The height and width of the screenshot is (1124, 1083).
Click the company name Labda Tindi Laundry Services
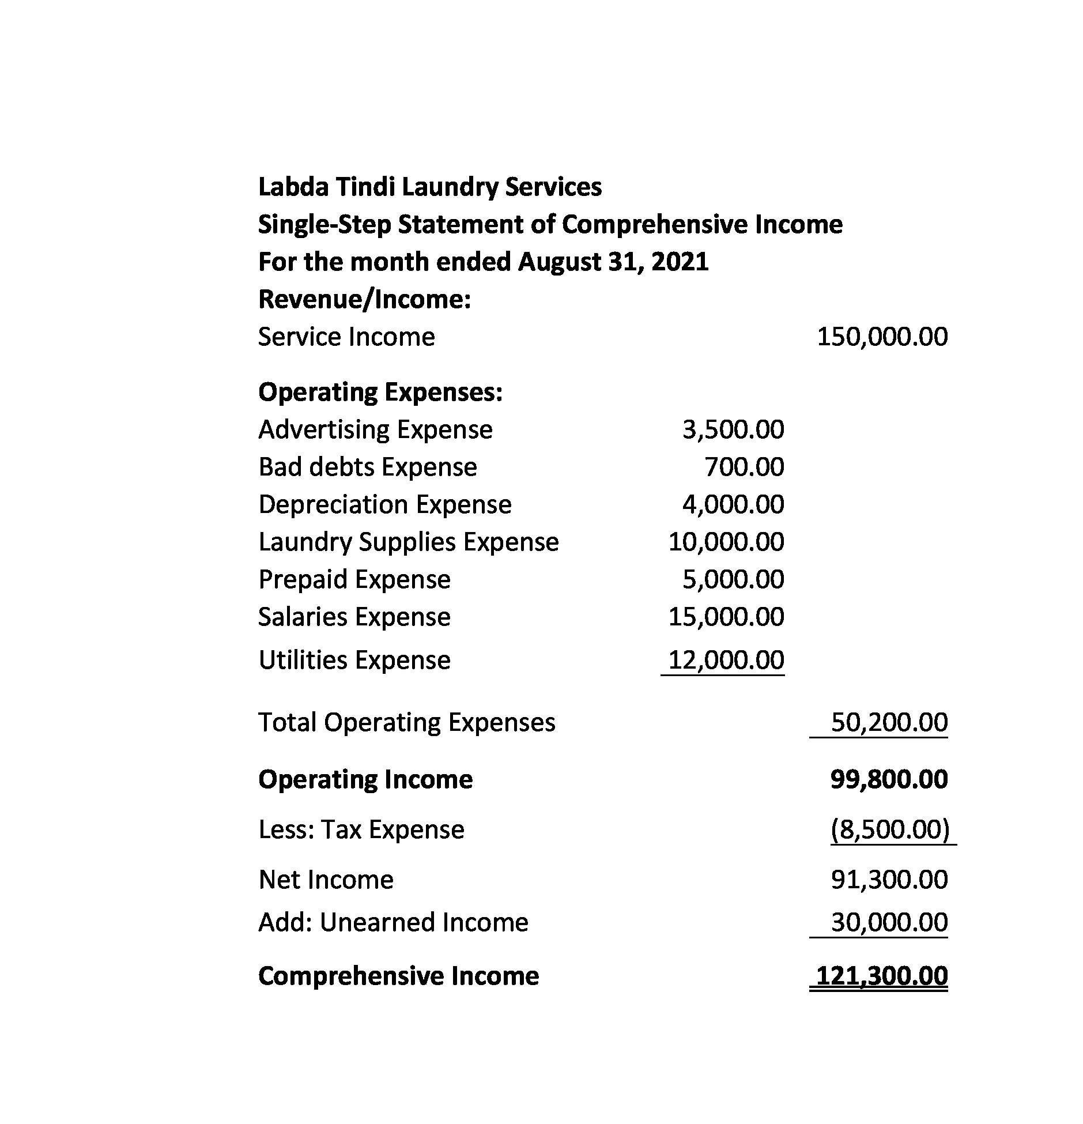[x=429, y=187]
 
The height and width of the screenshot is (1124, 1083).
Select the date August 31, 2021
[x=613, y=262]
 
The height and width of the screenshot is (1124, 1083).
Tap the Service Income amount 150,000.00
[x=882, y=337]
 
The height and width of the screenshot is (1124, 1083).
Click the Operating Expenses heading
[x=380, y=393]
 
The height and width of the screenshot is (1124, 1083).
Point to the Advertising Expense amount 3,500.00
[x=733, y=430]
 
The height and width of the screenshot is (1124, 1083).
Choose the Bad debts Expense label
[x=368, y=467]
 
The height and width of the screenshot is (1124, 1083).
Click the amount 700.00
[x=744, y=467]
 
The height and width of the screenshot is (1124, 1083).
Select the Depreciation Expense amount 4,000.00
[x=733, y=505]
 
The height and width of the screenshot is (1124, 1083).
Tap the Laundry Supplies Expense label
[x=408, y=542]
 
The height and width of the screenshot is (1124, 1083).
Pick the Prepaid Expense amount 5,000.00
[x=733, y=580]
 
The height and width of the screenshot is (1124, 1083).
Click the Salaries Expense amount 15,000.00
[x=726, y=617]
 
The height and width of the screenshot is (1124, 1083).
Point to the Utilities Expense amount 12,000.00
[x=726, y=661]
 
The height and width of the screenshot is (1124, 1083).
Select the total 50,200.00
[x=889, y=723]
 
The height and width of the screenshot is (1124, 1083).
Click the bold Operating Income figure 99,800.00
[x=889, y=780]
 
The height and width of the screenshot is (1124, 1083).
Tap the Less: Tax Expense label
[x=361, y=830]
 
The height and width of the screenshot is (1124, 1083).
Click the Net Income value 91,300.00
[x=889, y=880]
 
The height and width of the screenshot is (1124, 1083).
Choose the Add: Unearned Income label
[x=393, y=923]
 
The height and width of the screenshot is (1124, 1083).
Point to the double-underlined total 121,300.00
[x=882, y=976]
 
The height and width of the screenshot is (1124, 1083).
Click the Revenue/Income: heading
[x=364, y=300]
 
